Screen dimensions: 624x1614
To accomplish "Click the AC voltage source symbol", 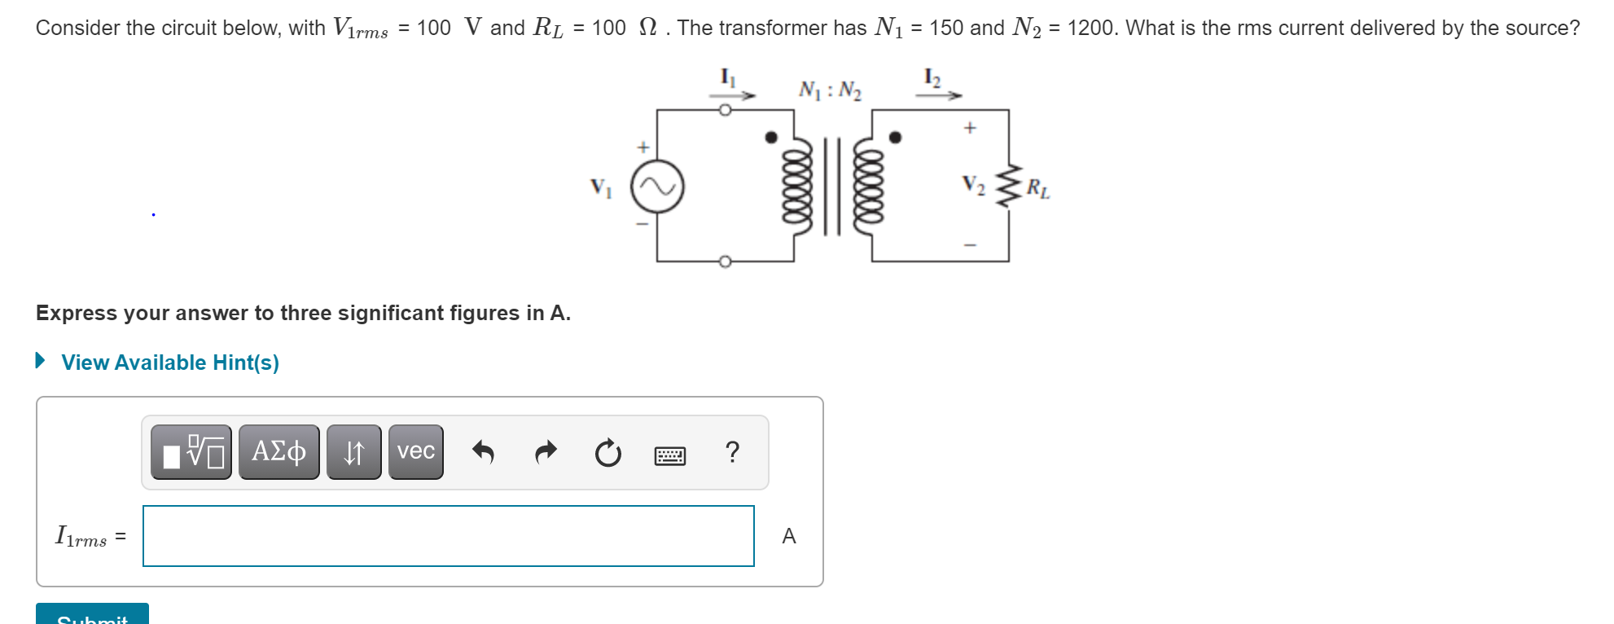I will pyautogui.click(x=658, y=187).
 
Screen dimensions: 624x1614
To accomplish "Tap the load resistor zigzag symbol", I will pyautogui.click(x=1009, y=187).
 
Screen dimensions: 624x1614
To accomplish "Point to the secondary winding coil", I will pyautogui.click(x=868, y=187).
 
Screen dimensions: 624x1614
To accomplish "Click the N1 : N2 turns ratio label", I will pyautogui.click(x=830, y=90).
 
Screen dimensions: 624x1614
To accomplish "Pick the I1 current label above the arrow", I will pyautogui.click(x=728, y=77).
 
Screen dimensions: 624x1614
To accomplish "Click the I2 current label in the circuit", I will pyautogui.click(x=932, y=77).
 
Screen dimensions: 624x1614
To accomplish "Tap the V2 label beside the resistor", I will pyautogui.click(x=973, y=186).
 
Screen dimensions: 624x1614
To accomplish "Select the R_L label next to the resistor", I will pyautogui.click(x=1037, y=188).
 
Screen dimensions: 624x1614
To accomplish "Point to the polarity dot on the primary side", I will pyautogui.click(x=771, y=137).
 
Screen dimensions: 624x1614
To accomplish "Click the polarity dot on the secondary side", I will pyautogui.click(x=895, y=137).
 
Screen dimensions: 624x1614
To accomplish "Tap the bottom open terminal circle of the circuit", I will pyautogui.click(x=725, y=261).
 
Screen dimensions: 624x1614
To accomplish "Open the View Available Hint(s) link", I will pyautogui.click(x=169, y=363).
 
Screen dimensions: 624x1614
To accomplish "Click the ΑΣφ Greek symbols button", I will pyautogui.click(x=279, y=452).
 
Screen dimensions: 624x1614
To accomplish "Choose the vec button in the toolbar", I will pyautogui.click(x=415, y=452).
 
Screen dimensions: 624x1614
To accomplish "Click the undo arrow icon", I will pyautogui.click(x=483, y=451).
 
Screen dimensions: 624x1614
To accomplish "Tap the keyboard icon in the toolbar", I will pyautogui.click(x=670, y=455).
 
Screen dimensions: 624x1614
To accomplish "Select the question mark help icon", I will pyautogui.click(x=732, y=451).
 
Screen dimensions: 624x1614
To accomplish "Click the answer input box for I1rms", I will pyautogui.click(x=448, y=536).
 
